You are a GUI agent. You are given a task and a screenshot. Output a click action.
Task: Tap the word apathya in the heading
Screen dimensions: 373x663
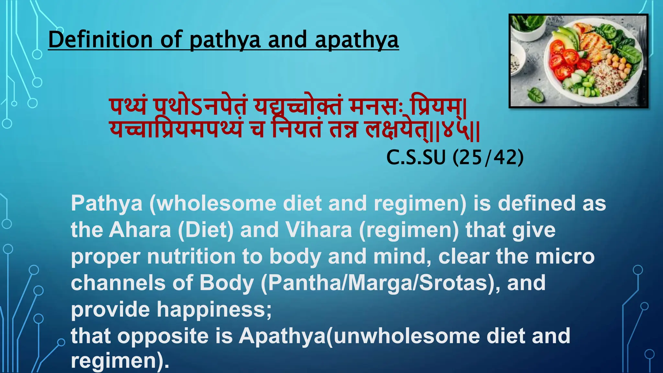click(x=356, y=40)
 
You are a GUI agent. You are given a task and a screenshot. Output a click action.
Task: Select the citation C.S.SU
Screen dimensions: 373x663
click(x=416, y=158)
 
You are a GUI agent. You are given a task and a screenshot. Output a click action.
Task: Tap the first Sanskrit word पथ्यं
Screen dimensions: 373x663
click(x=128, y=107)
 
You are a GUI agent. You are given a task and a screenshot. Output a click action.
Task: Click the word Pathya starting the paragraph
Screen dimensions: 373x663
click(x=107, y=204)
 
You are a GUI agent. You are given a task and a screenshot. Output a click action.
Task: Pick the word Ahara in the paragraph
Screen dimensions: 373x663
click(x=140, y=230)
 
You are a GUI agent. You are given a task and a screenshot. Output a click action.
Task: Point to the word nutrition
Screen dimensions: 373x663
click(x=191, y=256)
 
